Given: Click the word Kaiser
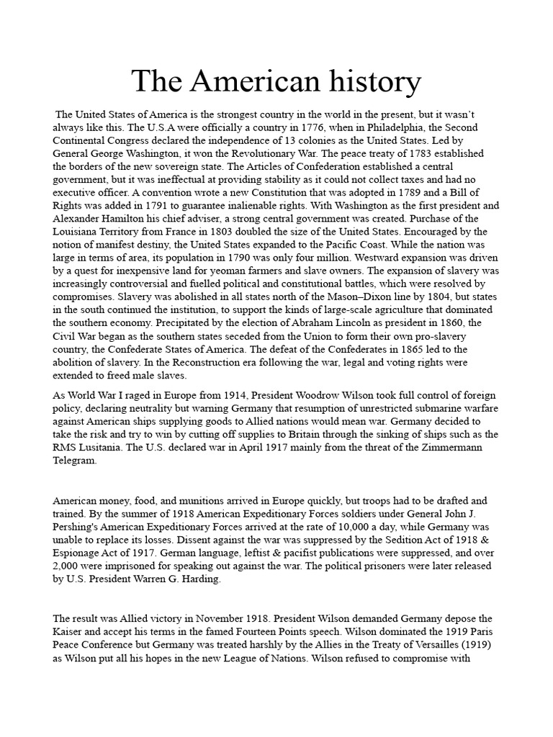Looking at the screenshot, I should click(x=71, y=631).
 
